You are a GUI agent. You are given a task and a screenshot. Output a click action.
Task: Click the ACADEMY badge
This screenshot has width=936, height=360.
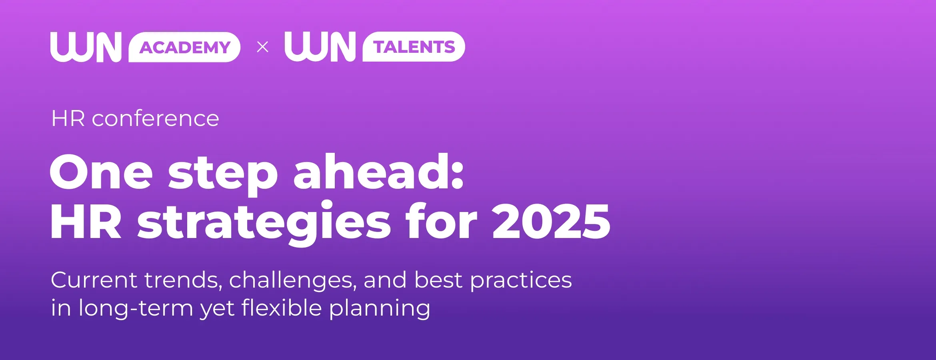(184, 47)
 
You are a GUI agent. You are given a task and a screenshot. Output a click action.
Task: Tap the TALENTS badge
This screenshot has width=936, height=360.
(414, 47)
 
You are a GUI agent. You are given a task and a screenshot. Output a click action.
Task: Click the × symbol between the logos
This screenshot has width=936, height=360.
(262, 47)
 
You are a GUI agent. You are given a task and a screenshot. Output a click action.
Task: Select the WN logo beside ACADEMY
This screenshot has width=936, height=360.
(86, 47)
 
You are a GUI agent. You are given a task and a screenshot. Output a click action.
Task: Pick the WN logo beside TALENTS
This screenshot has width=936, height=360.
(320, 47)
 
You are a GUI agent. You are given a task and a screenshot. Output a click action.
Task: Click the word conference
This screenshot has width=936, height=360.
(155, 119)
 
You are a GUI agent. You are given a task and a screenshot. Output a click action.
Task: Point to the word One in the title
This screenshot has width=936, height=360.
(101, 172)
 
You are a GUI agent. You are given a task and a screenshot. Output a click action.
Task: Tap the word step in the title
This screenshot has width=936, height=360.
(223, 175)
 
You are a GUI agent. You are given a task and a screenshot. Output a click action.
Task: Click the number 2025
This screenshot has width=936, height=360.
(551, 221)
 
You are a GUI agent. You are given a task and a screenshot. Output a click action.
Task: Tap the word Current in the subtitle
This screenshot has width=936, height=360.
(94, 280)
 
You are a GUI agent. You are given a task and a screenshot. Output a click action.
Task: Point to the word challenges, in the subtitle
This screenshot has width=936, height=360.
(293, 280)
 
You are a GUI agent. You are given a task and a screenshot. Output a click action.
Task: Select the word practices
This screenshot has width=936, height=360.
(521, 280)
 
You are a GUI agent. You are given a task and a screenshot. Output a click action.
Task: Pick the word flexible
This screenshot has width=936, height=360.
(282, 308)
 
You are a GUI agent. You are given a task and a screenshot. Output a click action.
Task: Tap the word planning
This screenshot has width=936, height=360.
(380, 309)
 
